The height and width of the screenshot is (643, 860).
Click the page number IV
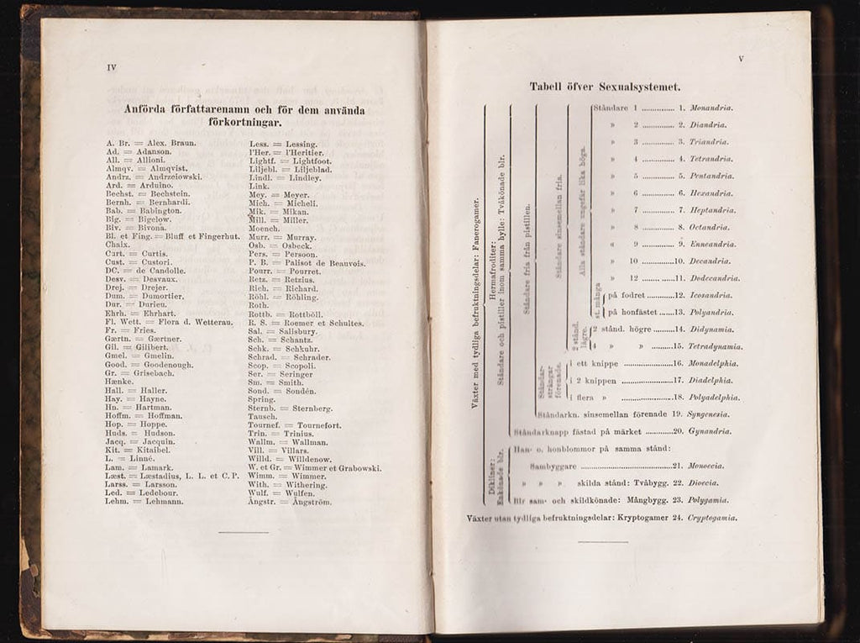click(x=110, y=69)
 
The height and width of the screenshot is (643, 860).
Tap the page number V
click(x=741, y=59)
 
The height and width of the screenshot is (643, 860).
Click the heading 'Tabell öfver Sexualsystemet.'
click(x=605, y=87)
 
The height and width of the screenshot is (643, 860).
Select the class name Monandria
click(x=711, y=108)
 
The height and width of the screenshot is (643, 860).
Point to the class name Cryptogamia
click(x=713, y=519)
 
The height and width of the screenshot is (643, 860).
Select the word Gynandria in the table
click(x=711, y=432)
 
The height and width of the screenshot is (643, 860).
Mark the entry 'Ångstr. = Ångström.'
click(x=290, y=502)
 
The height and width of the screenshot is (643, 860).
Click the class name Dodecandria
click(x=715, y=278)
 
